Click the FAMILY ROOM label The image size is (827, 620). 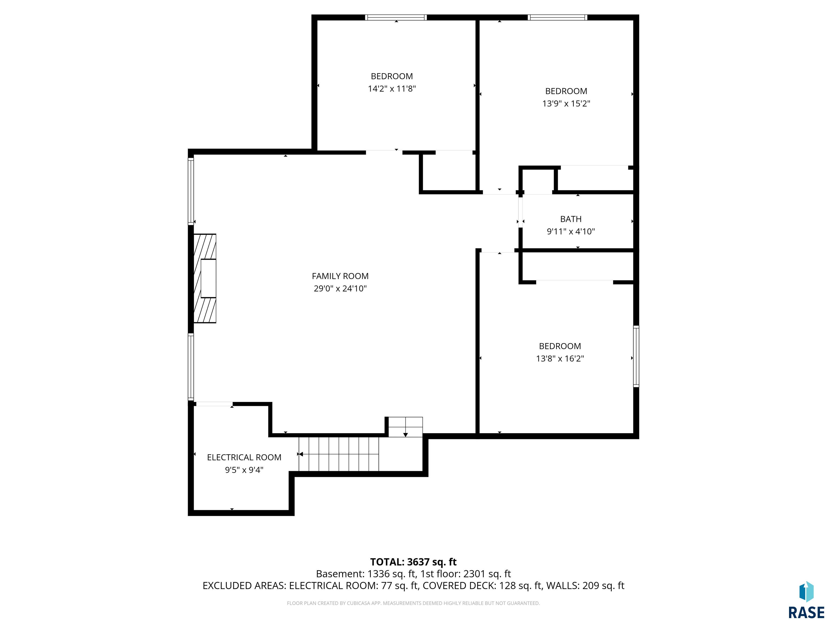(340, 276)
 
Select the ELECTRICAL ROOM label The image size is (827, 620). (244, 457)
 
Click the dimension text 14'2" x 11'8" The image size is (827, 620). (392, 89)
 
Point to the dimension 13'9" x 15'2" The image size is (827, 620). (566, 104)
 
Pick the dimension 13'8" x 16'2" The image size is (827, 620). (560, 359)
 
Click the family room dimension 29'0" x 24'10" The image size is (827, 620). (340, 288)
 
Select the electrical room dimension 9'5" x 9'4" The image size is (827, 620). (244, 470)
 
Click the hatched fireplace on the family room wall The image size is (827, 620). (205, 279)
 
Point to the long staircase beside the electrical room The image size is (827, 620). (339, 454)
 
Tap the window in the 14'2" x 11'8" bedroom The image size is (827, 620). (396, 17)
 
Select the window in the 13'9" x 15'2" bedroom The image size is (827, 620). (558, 17)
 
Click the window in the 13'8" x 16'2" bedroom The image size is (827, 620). (636, 356)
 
